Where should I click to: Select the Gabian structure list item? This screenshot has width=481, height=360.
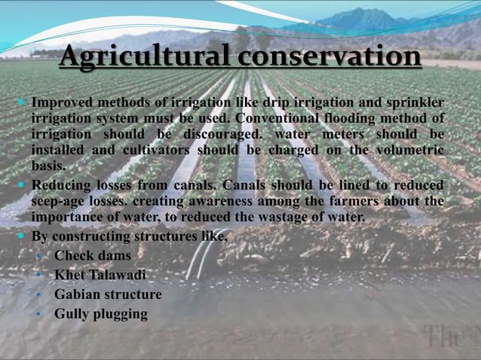tap(108, 294)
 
